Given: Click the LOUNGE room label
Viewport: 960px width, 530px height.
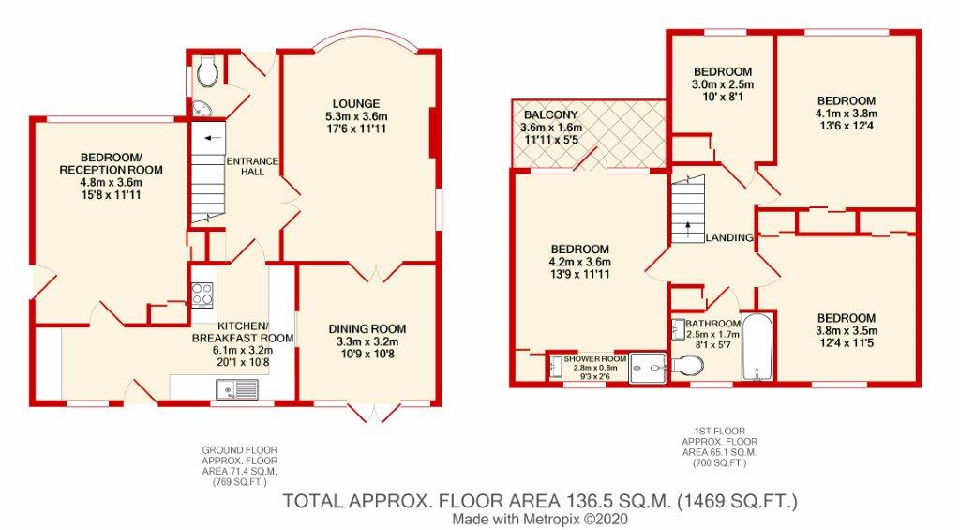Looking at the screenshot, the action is [x=356, y=103].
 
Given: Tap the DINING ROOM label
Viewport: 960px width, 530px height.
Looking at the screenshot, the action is [x=367, y=329].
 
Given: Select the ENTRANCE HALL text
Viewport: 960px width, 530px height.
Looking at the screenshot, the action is [x=252, y=167].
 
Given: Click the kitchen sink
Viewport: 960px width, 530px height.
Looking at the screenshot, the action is [x=237, y=389].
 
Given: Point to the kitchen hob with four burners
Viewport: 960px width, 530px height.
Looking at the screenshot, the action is [x=202, y=295].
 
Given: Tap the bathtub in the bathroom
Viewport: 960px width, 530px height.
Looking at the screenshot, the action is [x=757, y=347].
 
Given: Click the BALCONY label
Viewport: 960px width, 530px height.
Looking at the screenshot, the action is [x=551, y=115].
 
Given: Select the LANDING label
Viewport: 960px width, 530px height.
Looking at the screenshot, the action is [x=729, y=237].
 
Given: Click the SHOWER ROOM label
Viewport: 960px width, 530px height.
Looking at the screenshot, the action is [x=595, y=359].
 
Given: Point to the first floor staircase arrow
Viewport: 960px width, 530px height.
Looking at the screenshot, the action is [x=687, y=229].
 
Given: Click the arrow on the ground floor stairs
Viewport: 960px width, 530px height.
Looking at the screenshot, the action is [x=213, y=138].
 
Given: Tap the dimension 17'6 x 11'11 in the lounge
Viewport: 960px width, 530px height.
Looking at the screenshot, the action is [x=356, y=129].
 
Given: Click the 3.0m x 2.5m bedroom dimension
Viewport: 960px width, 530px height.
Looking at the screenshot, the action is [x=723, y=84].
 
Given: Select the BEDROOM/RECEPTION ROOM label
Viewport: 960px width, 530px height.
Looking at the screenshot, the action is [x=111, y=163].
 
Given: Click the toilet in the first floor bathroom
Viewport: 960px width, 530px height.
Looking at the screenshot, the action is [x=687, y=367].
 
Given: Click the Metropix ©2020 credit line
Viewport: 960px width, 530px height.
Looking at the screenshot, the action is [x=541, y=519].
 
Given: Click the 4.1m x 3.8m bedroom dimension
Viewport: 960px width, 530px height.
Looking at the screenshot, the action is [x=847, y=114].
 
